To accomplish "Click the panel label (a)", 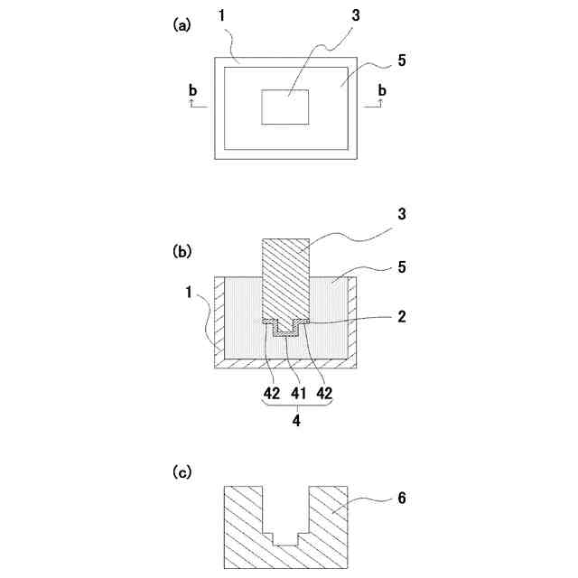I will click(182, 26).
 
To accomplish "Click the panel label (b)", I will click(182, 254).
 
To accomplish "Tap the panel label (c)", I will click(182, 471).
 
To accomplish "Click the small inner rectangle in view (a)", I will click(285, 107).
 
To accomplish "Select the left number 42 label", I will click(270, 394).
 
